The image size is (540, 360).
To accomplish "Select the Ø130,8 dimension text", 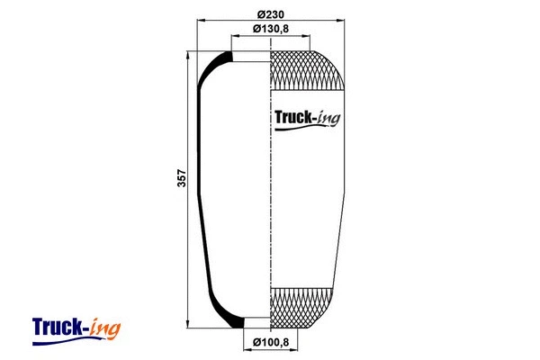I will [270, 29].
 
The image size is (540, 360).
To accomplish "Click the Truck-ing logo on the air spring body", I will [305, 117].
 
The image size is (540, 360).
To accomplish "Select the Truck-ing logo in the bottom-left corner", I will [76, 326].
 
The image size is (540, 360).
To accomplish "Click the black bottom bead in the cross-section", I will [235, 323].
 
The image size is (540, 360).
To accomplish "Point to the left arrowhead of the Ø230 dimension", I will [201, 20].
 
